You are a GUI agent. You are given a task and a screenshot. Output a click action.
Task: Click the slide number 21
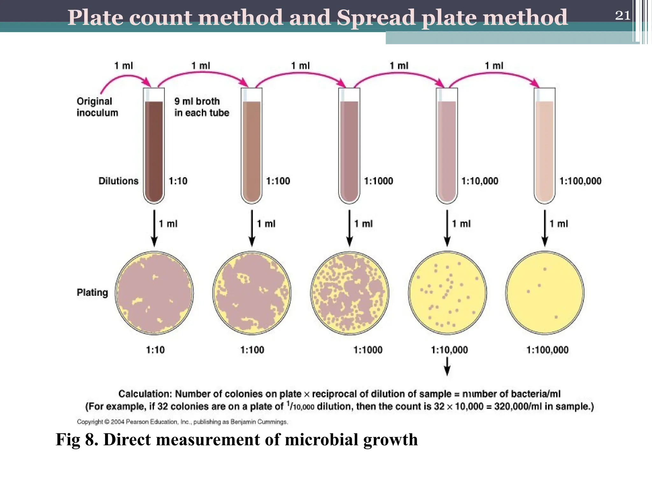622,15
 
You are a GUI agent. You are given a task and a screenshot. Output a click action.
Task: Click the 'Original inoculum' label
97,107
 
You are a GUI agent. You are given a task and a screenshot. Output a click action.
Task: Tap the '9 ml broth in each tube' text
202,107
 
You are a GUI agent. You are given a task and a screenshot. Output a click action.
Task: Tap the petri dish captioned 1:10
154,293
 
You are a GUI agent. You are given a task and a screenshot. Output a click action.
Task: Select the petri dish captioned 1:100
252,293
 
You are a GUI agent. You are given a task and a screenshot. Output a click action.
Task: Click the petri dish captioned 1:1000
350,293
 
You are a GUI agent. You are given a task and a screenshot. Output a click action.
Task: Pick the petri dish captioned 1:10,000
447,293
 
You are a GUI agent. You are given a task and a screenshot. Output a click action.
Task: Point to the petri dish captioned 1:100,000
545,293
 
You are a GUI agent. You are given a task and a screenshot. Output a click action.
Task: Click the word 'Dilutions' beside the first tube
118,181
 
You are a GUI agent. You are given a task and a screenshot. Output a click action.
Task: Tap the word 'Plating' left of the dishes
92,292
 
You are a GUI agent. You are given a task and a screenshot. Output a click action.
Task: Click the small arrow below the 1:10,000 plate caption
447,367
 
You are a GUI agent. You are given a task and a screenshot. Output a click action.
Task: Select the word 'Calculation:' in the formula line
145,394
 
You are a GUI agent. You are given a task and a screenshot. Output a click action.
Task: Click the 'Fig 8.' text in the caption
77,440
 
